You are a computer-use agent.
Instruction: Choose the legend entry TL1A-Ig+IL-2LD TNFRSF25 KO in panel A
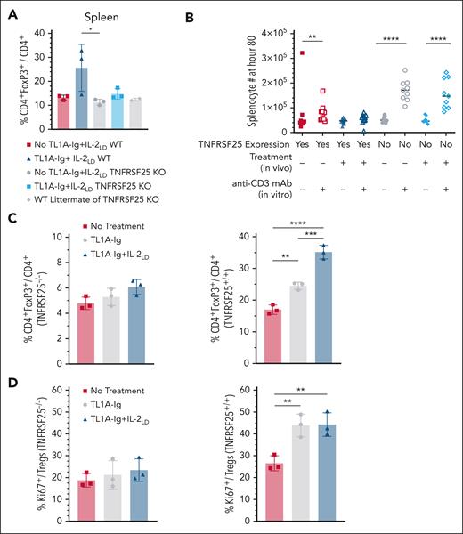(102, 186)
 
